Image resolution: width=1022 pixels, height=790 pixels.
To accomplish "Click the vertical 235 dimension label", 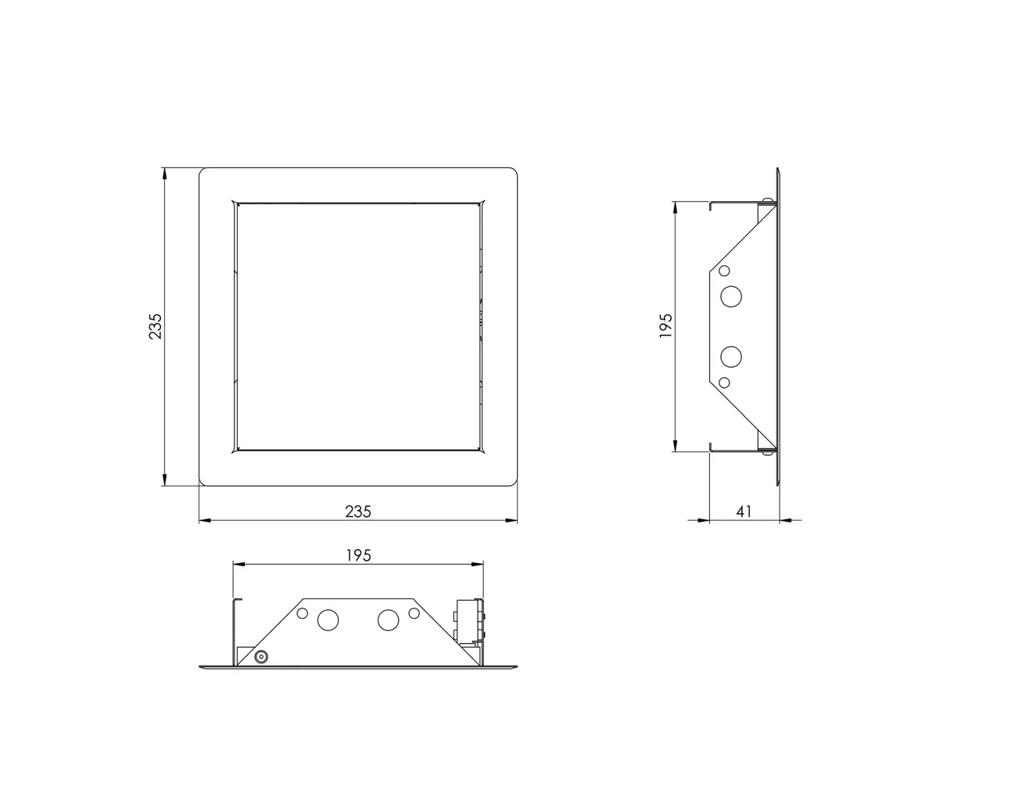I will point(156,326).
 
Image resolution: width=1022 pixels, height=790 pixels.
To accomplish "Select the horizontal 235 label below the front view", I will point(358,511).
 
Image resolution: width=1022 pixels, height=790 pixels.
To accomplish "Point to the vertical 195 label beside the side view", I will point(666,326).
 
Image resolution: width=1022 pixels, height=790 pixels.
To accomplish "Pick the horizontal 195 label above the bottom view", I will point(358,555).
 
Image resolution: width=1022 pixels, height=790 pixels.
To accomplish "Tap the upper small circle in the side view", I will point(724,271).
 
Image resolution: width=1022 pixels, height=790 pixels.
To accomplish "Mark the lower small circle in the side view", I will point(724,382).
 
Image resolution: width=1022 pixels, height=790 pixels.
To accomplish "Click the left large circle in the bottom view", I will point(328,621).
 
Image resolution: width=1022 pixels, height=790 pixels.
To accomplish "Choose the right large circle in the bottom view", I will point(388,621).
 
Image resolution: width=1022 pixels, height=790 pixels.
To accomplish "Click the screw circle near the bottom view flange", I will point(260,657).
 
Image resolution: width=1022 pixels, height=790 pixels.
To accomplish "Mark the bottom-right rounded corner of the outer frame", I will point(513,481).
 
